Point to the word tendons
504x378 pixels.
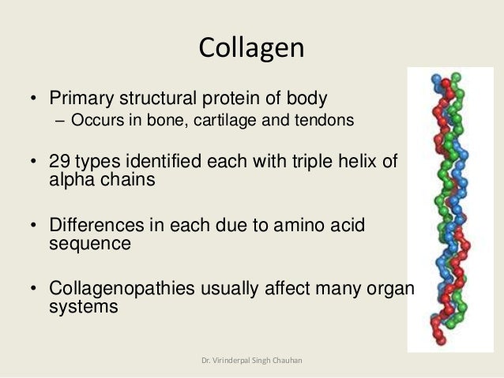tap(321, 121)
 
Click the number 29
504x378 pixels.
tap(60, 163)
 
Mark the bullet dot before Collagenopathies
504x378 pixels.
tap(33, 289)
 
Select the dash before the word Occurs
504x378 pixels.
tap(61, 121)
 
